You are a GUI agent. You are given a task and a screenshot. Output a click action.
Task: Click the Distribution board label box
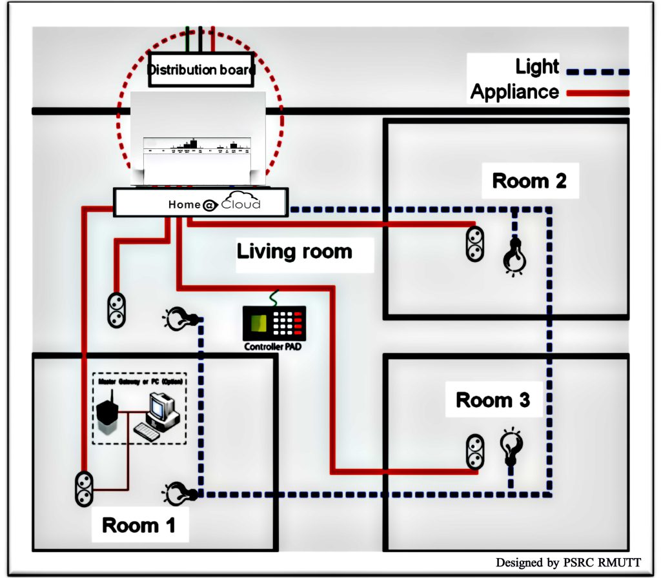click(200, 69)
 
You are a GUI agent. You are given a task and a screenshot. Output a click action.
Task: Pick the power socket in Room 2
click(475, 243)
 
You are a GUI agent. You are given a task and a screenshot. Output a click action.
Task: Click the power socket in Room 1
click(85, 488)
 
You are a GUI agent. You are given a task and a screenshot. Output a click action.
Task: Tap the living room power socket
click(115, 309)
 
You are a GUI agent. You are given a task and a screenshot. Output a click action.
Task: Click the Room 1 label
click(138, 525)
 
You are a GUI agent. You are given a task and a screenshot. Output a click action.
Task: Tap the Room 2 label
click(529, 181)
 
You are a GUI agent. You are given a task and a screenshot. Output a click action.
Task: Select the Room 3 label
click(493, 400)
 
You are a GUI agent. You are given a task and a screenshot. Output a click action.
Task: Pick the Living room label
click(294, 251)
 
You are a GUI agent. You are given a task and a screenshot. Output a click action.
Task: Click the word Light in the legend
click(537, 66)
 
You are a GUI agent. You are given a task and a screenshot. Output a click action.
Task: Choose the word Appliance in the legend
click(514, 92)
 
